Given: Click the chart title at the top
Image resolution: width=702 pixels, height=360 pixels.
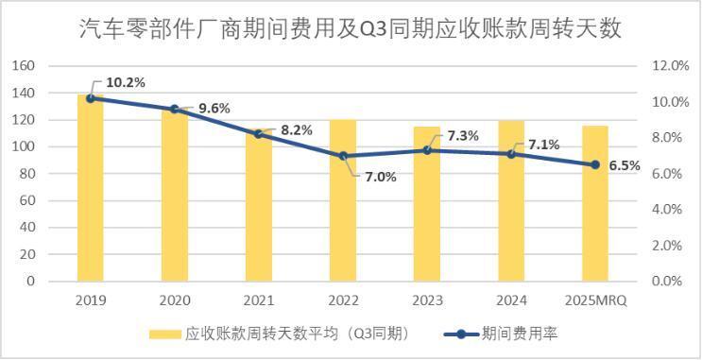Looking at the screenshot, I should tap(351, 27).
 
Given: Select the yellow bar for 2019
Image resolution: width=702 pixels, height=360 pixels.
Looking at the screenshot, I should tap(91, 189).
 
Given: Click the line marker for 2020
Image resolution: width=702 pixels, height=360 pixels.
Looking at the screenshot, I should tap(175, 110).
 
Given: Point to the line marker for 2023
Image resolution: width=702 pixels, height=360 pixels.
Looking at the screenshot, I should tap(427, 150).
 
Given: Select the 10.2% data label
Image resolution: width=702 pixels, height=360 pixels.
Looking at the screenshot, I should tap(126, 82).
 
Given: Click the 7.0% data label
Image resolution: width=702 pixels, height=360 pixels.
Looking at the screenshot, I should tap(381, 177).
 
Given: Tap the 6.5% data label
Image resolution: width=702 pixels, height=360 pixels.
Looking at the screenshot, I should tap(624, 165).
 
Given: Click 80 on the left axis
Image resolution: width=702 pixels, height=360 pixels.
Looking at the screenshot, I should tap(27, 174).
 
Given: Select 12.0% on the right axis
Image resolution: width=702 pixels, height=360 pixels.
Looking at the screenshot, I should tap(672, 66).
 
